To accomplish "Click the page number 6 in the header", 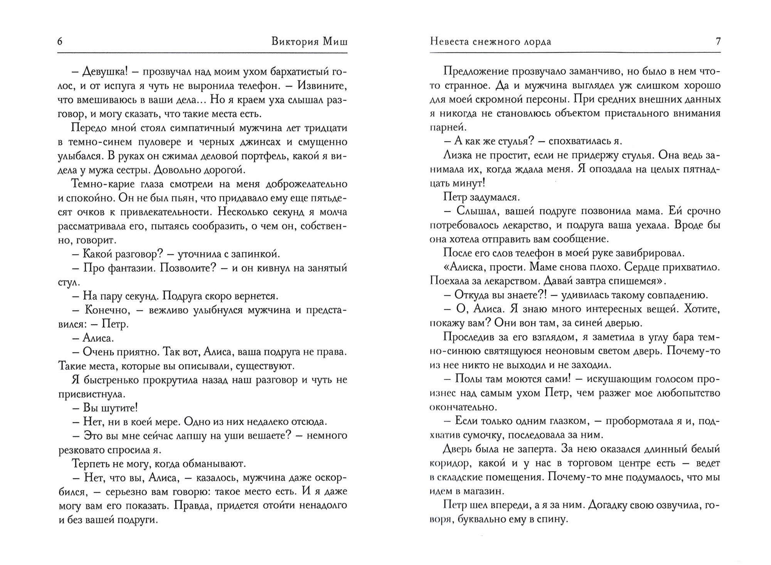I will (60, 42).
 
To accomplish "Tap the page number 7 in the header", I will (718, 42).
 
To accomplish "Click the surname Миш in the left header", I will (334, 42).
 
